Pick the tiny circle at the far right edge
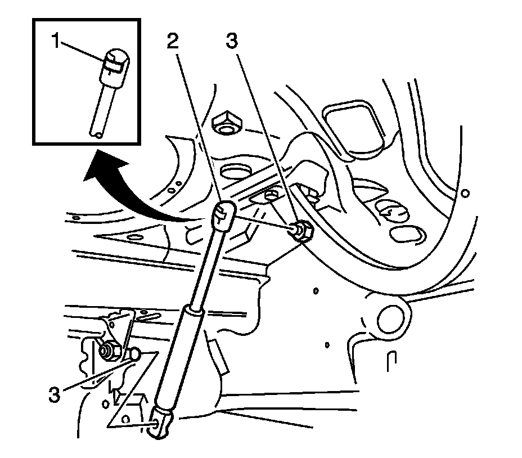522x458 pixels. click(465, 194)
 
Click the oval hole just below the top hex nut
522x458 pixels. click(235, 171)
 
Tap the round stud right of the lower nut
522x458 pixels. click(134, 354)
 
